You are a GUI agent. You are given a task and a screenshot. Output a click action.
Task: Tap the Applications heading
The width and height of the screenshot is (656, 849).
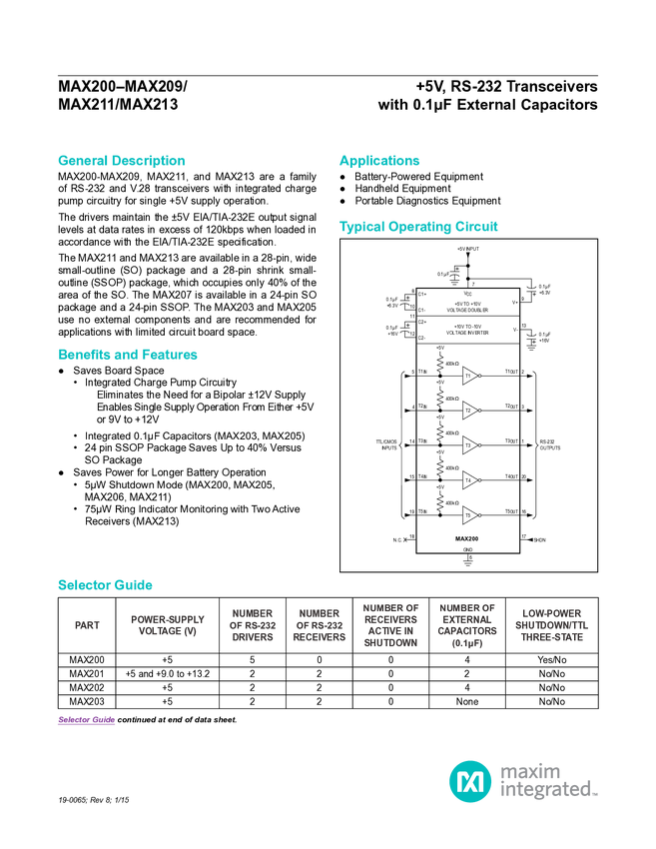[379, 160]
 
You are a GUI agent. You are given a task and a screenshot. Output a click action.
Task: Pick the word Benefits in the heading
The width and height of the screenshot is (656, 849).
[84, 355]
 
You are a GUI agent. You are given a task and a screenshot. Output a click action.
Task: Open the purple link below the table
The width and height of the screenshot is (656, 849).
[86, 720]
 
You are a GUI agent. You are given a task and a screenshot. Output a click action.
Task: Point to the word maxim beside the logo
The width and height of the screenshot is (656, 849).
[530, 771]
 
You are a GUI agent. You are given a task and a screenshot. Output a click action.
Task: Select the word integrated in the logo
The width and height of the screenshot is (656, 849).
[547, 792]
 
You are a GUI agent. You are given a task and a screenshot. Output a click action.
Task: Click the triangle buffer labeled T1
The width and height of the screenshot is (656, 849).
[469, 377]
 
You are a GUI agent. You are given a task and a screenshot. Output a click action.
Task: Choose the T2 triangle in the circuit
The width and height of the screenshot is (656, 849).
[469, 411]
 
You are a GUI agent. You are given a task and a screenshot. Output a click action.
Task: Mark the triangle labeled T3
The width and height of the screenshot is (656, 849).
[469, 445]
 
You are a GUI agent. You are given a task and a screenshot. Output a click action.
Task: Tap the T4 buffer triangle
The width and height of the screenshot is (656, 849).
[469, 480]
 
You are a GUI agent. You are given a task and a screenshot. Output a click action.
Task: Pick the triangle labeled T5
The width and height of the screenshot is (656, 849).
[469, 515]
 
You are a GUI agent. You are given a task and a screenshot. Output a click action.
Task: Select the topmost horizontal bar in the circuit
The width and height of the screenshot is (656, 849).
[468, 316]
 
